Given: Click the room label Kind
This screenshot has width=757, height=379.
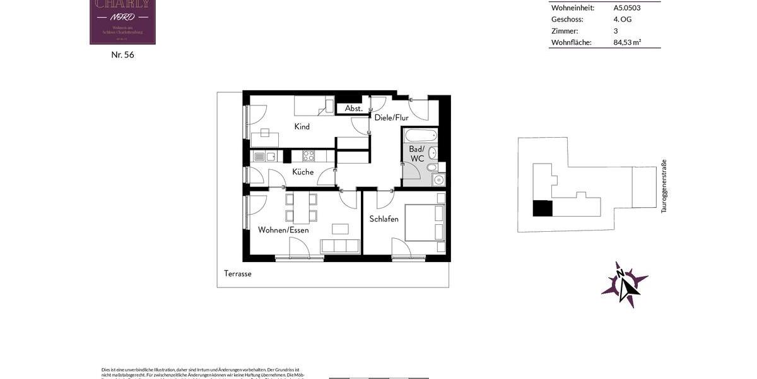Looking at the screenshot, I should coord(302,126).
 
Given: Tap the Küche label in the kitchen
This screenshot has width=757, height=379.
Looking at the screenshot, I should coord(303,172).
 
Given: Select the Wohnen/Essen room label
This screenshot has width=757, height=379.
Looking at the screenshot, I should coord(283,230).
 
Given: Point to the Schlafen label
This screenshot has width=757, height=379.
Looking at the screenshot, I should coord(384,219).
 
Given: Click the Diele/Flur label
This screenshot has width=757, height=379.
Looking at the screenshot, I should coord(391,117).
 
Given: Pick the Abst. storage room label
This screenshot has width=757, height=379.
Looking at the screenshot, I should coord(353,109).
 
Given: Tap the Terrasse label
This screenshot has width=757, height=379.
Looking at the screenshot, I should coord(238,274).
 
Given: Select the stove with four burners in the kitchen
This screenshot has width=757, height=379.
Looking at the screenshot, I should coord(308,155).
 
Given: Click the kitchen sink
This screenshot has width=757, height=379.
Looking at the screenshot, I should coord(264,156).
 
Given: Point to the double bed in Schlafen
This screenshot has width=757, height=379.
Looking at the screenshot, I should coord(425,222).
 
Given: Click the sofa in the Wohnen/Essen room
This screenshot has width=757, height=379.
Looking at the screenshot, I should coord(340,246).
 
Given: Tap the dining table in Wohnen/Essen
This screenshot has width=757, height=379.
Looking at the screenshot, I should coord(301,208).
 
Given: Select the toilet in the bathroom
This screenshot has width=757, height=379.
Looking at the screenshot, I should coord(431,167).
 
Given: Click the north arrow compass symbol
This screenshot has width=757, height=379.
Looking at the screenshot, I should coord(624,286).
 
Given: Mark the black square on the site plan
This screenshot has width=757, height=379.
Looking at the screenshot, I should coord(542,208).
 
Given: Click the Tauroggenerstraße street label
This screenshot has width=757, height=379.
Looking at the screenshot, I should coord(664,186).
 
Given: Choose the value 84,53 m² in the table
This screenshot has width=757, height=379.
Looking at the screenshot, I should coord(627,42).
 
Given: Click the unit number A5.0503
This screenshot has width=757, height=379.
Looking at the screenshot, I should coord(626,8).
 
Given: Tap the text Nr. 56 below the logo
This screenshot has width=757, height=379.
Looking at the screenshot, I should coord(122,55).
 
